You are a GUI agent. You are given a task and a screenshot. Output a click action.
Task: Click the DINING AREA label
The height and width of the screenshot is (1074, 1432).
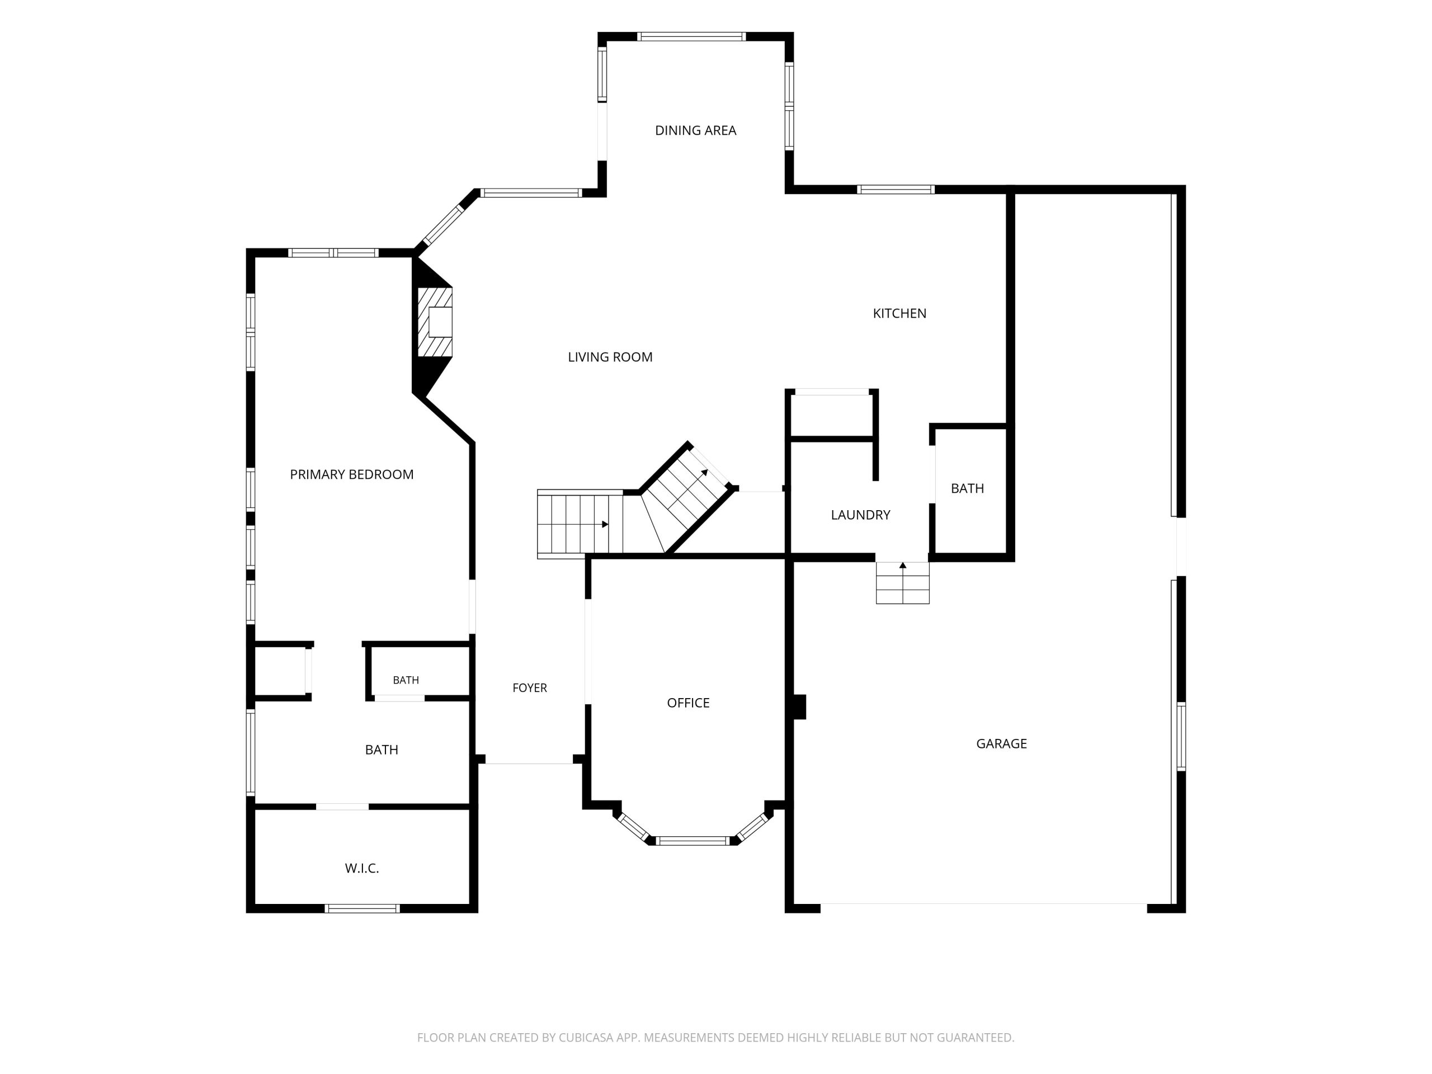coord(695,130)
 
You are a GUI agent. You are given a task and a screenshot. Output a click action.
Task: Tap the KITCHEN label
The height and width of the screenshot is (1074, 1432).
coord(899,313)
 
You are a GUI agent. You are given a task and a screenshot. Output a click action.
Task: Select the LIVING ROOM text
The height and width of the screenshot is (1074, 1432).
coord(610,357)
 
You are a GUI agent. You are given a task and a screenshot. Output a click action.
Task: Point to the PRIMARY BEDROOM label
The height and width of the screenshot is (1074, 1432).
coord(351,474)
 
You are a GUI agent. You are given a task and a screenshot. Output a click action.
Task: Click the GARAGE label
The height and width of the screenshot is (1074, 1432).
coord(1001,743)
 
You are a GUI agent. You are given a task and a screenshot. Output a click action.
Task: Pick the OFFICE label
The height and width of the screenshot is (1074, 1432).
coord(688,703)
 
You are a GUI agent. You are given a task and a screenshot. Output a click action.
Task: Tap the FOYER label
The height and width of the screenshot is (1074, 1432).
coord(530,687)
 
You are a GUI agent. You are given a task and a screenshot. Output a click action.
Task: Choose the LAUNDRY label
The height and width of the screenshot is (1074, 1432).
coord(860,515)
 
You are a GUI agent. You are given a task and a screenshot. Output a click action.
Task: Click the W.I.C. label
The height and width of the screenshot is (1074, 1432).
coord(362,868)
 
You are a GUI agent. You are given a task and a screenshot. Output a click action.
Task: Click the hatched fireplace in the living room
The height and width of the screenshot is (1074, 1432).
coord(435,322)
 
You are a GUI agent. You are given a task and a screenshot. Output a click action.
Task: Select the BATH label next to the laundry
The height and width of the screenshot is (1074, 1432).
coord(967,488)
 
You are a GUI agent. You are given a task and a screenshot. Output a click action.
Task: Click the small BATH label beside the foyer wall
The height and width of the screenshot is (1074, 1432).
coord(406,680)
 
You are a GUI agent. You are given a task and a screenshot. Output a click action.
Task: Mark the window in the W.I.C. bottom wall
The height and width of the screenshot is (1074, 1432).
coord(362,908)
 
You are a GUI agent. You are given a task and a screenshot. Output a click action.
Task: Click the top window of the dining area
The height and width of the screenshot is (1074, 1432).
coord(691,36)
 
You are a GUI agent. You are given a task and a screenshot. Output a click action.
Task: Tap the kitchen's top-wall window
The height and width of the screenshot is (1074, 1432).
coord(896,189)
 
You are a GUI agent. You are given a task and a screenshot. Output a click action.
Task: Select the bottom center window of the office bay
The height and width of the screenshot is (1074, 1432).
coord(693,841)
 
